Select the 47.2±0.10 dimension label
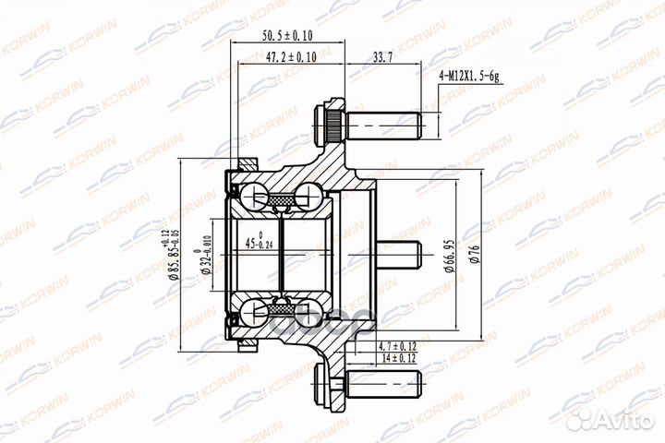tap(292, 57)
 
